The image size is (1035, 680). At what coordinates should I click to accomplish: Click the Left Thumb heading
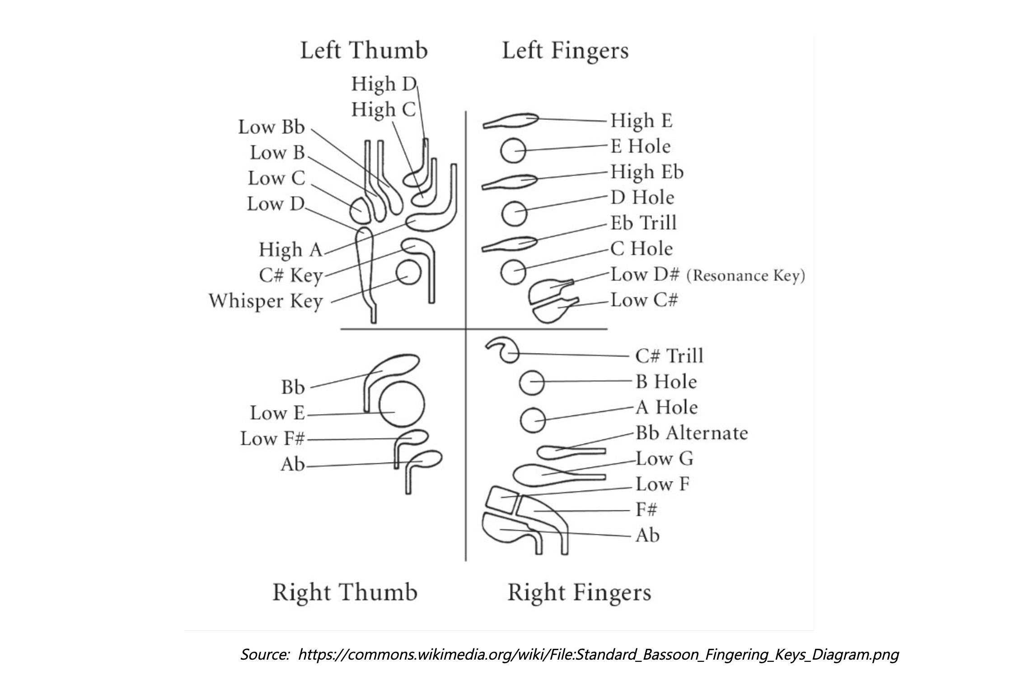(364, 50)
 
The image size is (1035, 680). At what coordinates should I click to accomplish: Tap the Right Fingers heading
(579, 592)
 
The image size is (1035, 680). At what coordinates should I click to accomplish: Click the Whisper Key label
(266, 301)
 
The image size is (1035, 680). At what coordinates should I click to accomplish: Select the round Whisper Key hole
(408, 272)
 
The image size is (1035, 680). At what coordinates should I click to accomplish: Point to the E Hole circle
(513, 151)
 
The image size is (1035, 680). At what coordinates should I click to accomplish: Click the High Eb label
(647, 172)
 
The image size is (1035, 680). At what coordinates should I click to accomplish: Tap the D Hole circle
(515, 213)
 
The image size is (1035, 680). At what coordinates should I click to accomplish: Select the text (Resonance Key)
(745, 276)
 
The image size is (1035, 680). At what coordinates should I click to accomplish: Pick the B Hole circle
(532, 382)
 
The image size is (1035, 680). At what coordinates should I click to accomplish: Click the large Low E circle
(402, 404)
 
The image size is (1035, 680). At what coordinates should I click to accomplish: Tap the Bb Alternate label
(692, 433)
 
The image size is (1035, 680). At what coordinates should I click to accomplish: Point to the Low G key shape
(538, 475)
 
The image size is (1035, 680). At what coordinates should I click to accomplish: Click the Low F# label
(272, 439)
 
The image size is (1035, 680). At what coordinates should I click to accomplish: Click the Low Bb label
(272, 127)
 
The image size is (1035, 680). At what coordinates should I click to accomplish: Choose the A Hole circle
(533, 420)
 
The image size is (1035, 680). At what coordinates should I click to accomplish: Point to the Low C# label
(644, 300)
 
